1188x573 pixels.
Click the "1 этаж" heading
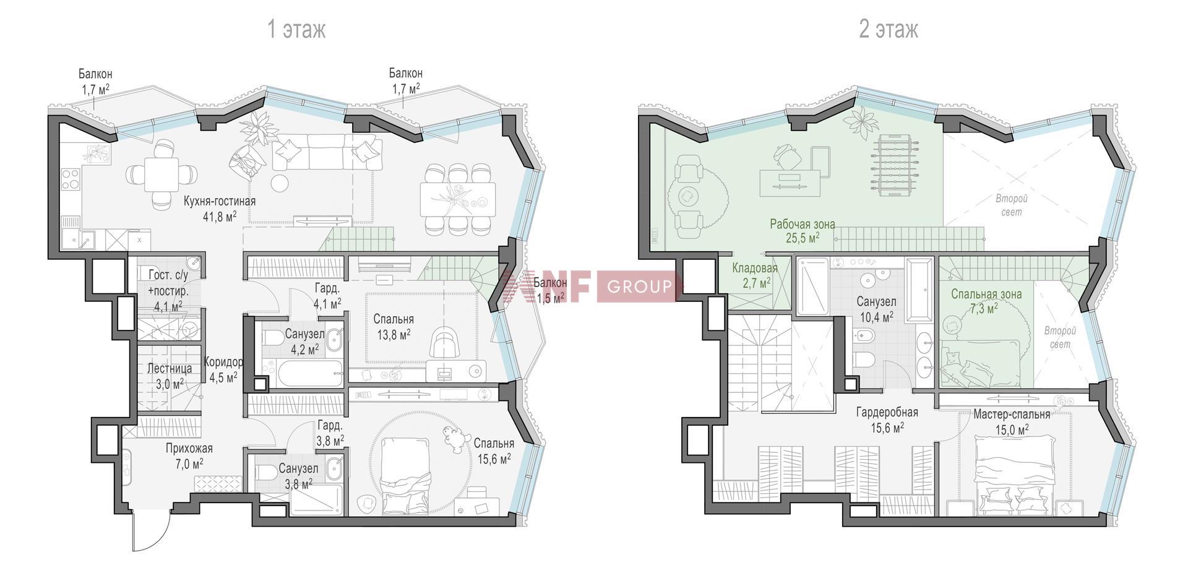pos(296,29)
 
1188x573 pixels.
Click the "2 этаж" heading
pos(889,29)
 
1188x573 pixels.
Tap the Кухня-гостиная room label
pos(220,201)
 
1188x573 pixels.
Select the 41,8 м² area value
pos(219,216)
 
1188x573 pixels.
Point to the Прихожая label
pos(189,448)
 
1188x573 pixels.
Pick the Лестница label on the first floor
pos(169,368)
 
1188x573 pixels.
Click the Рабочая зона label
pos(802,224)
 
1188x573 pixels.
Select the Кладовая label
pos(754,268)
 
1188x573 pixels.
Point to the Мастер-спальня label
pos(1012,414)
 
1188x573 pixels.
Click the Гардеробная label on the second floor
pos(887,412)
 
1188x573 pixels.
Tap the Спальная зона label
pos(986,294)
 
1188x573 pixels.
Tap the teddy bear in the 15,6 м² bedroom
pos(455,439)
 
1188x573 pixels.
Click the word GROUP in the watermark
pos(639,286)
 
